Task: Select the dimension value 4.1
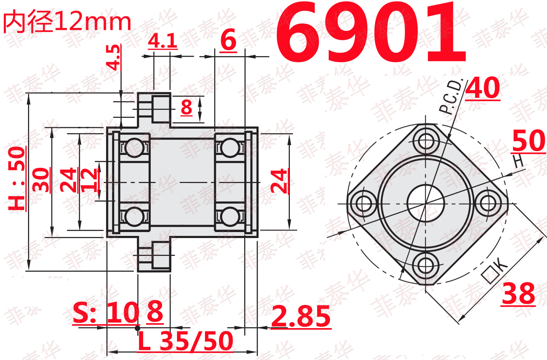(x=163, y=41)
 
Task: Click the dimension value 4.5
(x=113, y=57)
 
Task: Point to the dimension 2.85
(x=301, y=316)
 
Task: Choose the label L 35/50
(x=186, y=341)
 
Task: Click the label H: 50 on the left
(x=16, y=178)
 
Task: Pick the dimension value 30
(x=41, y=179)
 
